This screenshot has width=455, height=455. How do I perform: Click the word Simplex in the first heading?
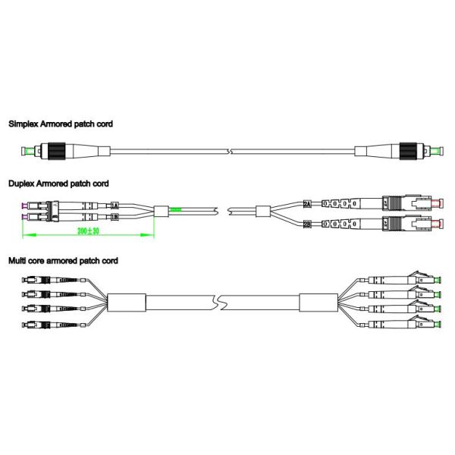24,124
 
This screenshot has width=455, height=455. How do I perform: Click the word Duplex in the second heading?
21,184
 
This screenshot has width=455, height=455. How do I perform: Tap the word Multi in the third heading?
17,261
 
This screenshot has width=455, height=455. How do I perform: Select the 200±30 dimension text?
88,231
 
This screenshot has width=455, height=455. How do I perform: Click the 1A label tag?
115,206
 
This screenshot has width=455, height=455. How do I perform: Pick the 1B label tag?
115,217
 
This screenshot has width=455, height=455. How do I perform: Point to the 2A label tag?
307,204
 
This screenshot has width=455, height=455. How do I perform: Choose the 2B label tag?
307,224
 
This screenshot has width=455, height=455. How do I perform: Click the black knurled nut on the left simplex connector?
57,151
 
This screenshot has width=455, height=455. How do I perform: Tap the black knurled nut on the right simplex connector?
408,151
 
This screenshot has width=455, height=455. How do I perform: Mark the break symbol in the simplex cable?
231,152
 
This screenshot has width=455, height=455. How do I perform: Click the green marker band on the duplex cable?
176,209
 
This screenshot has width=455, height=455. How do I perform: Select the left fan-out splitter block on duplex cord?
161,212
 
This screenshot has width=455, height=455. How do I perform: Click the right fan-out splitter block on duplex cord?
263,212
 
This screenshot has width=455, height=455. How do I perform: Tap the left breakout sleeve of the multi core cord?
127,303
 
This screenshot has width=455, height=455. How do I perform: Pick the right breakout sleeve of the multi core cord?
318,303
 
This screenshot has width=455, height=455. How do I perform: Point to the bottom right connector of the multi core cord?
400,323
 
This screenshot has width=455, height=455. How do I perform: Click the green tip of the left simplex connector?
30,151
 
